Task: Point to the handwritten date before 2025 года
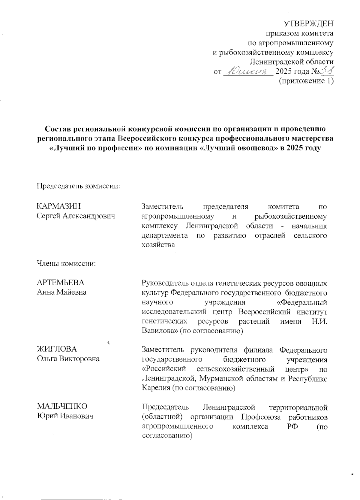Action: [x=248, y=71]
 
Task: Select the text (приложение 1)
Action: [x=306, y=81]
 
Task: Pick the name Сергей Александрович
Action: [x=76, y=216]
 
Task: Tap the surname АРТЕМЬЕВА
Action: [x=60, y=283]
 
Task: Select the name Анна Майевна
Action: [x=61, y=292]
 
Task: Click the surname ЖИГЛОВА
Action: [x=57, y=349]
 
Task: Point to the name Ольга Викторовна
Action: [x=68, y=359]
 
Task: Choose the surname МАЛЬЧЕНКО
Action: [x=62, y=406]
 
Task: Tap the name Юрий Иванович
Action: [x=65, y=416]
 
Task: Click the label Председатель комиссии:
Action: [x=78, y=186]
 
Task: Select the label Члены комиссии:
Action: [x=66, y=263]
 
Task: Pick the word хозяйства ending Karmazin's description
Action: [x=158, y=244]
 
